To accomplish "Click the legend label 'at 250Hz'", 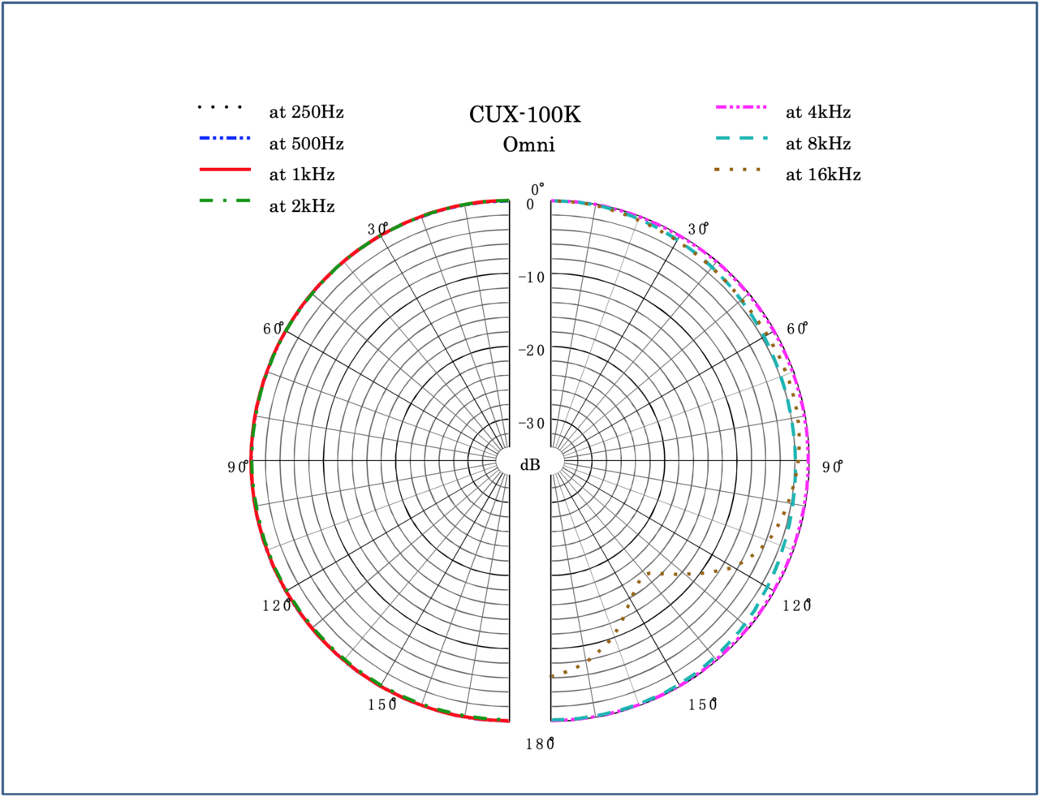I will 306,112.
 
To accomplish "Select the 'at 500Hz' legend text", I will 306,144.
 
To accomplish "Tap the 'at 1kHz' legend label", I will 301,174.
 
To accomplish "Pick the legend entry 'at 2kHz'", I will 301,206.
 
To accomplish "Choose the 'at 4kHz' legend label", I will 817,112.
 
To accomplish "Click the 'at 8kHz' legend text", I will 817,144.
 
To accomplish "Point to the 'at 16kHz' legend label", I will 822,174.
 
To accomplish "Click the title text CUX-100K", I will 525,114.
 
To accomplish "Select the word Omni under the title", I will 528,145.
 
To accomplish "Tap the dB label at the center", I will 530,465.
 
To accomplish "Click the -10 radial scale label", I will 532,278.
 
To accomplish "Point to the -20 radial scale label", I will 532,351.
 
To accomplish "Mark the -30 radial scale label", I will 532,424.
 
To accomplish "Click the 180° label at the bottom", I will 538,743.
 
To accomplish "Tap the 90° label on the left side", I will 238,467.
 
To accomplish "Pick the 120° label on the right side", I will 797,605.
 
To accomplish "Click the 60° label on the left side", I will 273,329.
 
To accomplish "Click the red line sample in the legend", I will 225,170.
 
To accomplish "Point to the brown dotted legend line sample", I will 738,170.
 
